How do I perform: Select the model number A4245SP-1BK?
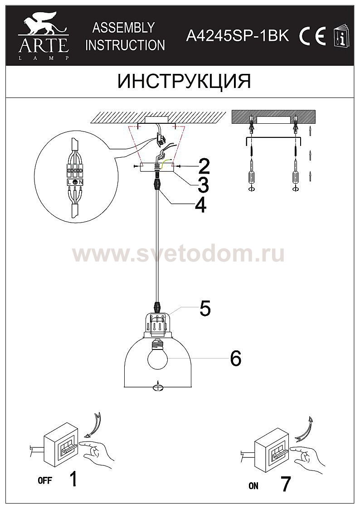[237, 36]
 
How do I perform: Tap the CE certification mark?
[312, 36]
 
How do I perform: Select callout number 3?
[203, 185]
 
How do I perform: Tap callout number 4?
[200, 205]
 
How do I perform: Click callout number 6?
[235, 359]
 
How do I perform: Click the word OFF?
[45, 480]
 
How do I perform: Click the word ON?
[253, 485]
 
